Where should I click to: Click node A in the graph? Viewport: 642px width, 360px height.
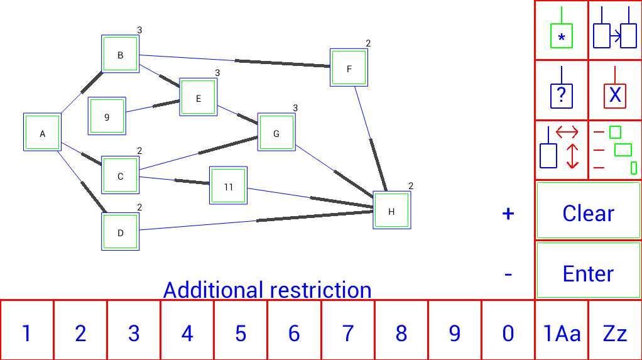(x=42, y=133)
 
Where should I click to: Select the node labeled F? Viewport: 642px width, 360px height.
(x=349, y=68)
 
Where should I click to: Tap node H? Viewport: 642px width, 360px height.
(x=392, y=210)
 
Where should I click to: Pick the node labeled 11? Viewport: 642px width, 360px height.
(x=228, y=185)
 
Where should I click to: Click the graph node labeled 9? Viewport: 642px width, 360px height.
(x=107, y=116)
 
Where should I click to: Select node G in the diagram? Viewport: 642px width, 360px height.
(x=276, y=132)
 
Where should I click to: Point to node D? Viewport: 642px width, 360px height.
(x=121, y=231)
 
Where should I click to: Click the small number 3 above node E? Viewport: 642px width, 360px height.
(x=217, y=73)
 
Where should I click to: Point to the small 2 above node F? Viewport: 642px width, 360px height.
(x=368, y=43)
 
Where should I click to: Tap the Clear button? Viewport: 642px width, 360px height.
(x=589, y=210)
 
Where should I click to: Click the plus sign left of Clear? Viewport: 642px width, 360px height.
(x=508, y=214)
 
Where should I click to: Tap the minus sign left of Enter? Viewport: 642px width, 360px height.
(x=508, y=275)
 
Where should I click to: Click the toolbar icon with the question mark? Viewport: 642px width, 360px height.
(x=562, y=90)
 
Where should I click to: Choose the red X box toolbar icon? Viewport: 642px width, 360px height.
(x=615, y=90)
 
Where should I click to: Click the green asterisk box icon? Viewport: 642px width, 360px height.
(x=562, y=30)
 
